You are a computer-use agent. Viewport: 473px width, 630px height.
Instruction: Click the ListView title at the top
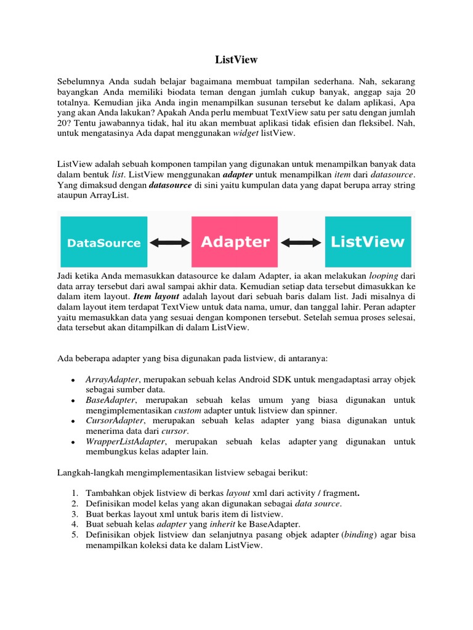pyautogui.click(x=236, y=60)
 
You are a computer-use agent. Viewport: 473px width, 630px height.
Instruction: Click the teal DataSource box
pyautogui.click(x=103, y=242)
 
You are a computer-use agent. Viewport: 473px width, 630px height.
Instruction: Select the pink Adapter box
pyautogui.click(x=235, y=242)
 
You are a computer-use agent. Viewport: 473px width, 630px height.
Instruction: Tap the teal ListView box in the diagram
pyautogui.click(x=368, y=241)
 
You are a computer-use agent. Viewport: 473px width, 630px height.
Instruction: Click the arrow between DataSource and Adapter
pyautogui.click(x=170, y=242)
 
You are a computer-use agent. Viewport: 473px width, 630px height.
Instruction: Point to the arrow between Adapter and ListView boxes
pyautogui.click(x=302, y=242)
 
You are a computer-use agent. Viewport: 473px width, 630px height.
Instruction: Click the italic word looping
pyautogui.click(x=384, y=276)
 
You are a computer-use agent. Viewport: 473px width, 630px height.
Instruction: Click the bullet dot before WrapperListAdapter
pyautogui.click(x=74, y=442)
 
